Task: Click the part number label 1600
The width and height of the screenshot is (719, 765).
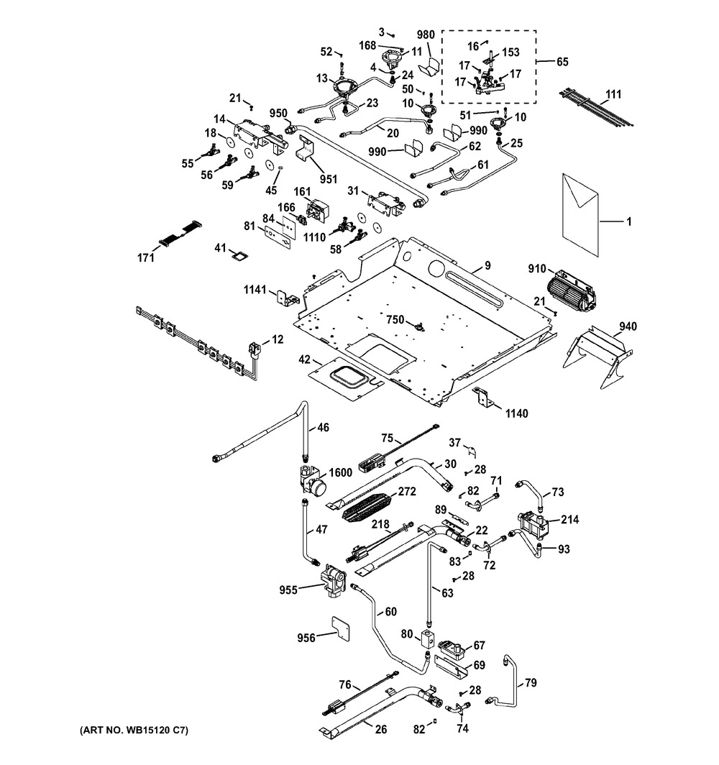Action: click(341, 472)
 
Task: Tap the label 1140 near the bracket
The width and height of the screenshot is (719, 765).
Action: click(517, 413)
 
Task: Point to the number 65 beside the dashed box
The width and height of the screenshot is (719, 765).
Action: click(562, 62)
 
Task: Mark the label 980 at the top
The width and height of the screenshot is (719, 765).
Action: click(426, 35)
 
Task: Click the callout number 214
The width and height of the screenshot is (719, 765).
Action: click(570, 519)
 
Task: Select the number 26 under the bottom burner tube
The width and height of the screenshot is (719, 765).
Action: click(381, 729)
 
